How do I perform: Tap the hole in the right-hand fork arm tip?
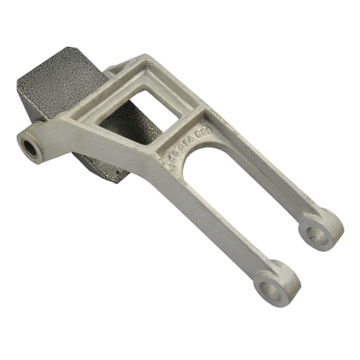point(313,232)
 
